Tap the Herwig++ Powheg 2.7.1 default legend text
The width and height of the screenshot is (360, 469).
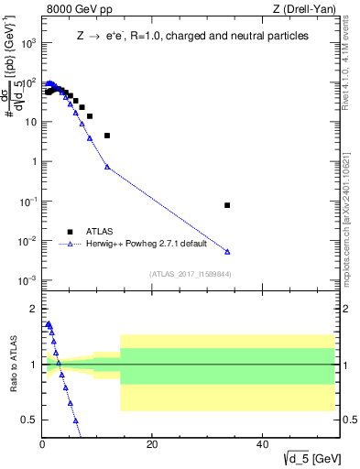147,244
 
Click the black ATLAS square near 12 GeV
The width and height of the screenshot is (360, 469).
107,136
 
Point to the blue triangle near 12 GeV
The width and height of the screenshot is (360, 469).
107,167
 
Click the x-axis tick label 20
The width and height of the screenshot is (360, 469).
152,445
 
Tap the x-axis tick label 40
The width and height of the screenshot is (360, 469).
262,445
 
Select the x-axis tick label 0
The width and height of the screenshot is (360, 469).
42,445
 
